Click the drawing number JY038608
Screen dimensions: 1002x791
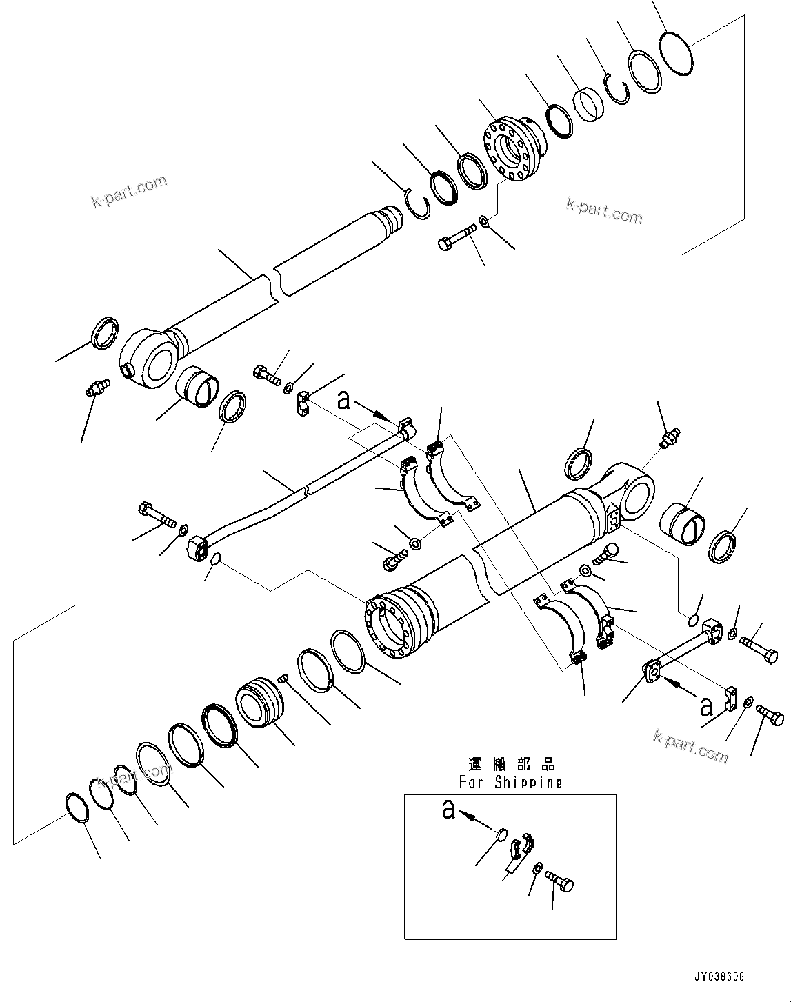point(719,976)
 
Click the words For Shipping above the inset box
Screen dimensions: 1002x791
point(510,782)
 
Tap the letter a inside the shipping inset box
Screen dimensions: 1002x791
point(449,810)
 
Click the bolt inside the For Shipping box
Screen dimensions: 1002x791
point(559,881)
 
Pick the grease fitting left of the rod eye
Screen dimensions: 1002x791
point(97,388)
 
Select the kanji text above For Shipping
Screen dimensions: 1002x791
point(511,765)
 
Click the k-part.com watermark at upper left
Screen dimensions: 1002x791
point(129,192)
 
